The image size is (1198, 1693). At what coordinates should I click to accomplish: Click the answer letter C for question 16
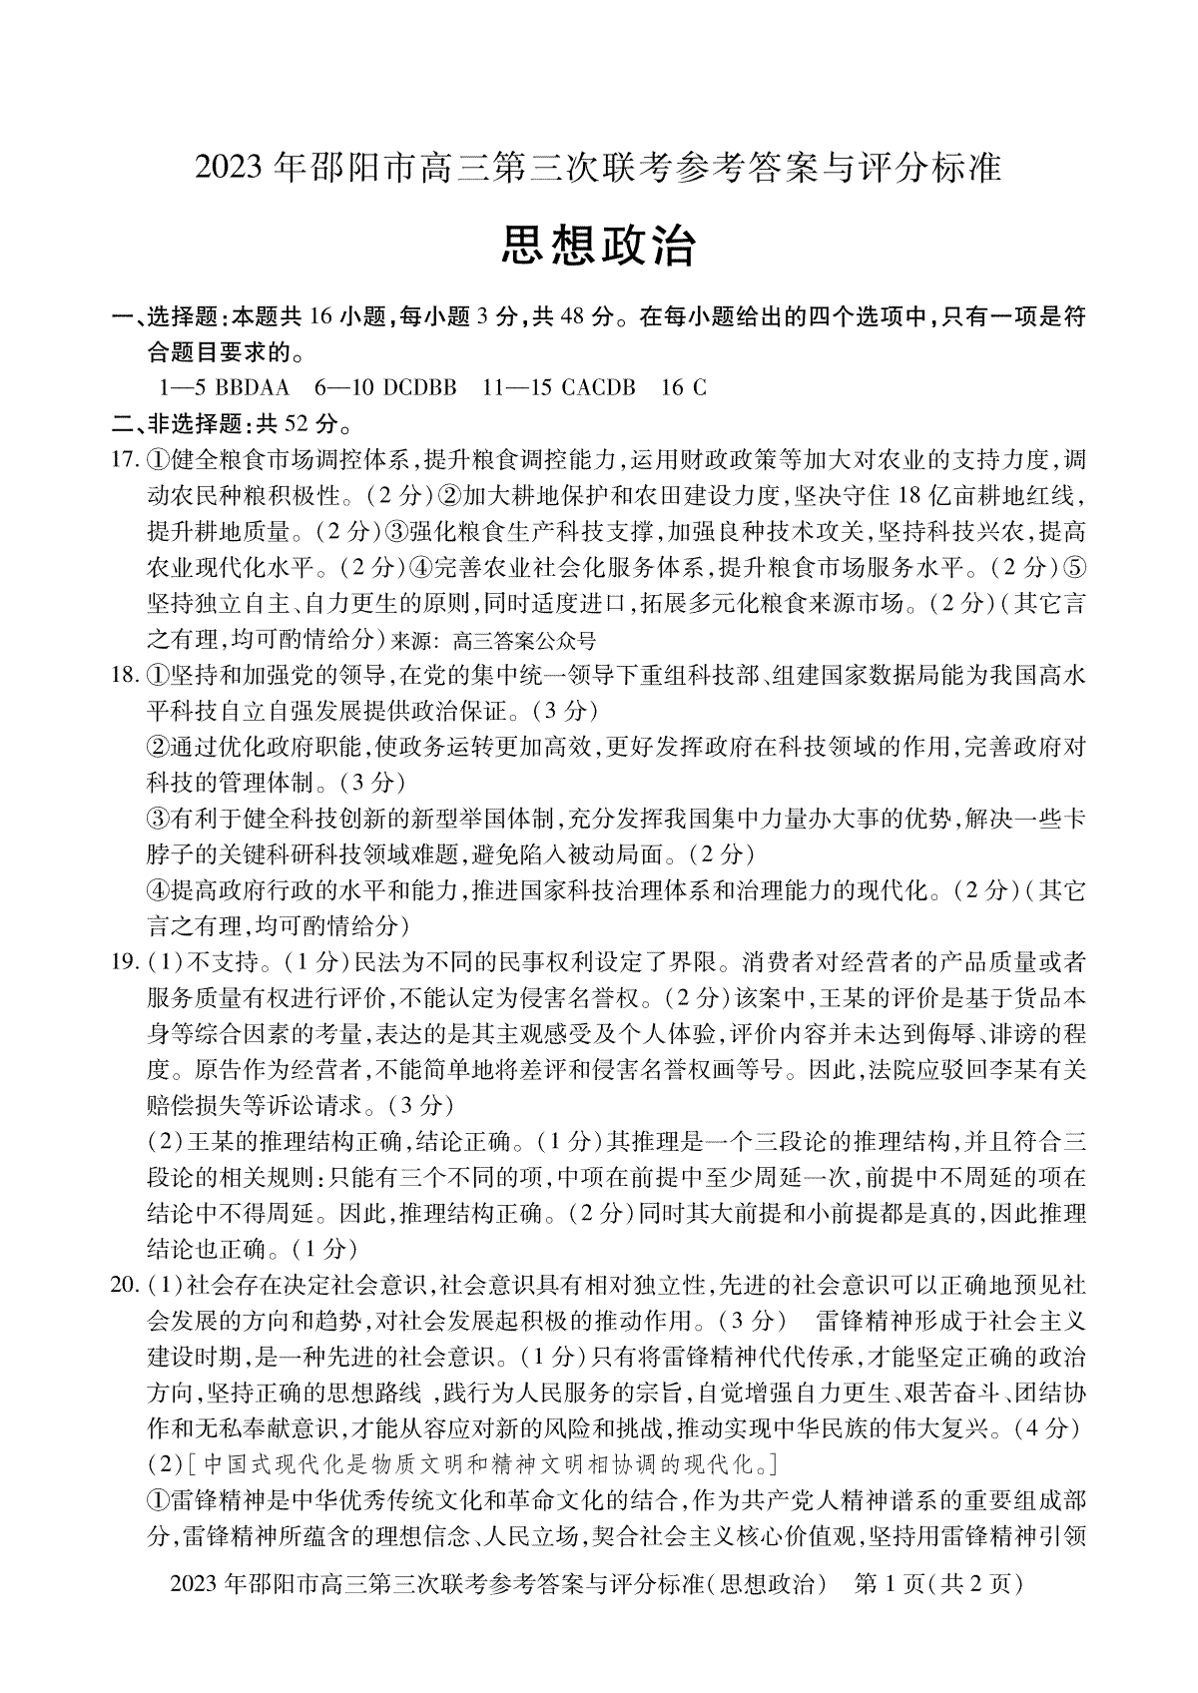(x=698, y=387)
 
